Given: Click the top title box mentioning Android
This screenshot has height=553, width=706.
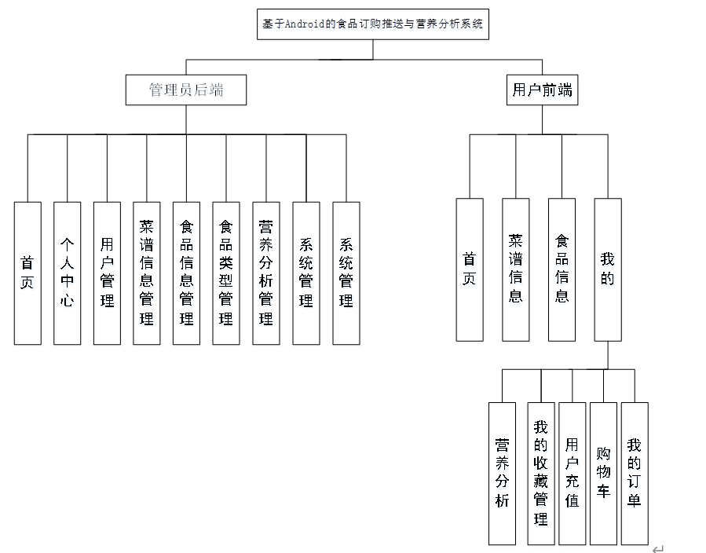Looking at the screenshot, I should [373, 24].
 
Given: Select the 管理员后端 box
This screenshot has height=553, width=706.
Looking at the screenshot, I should [186, 90].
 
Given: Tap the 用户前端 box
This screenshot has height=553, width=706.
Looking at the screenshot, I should [543, 90].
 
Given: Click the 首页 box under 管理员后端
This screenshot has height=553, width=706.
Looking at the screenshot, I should [27, 273].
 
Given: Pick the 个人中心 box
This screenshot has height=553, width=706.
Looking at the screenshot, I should [68, 273].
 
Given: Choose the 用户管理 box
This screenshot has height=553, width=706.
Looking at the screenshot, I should [107, 273].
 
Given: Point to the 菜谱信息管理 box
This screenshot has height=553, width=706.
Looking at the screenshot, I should [147, 273].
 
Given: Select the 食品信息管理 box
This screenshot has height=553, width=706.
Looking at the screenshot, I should [187, 273].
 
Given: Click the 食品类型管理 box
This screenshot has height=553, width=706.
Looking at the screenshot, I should [226, 273].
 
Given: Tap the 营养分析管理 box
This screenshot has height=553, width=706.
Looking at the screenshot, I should [266, 273].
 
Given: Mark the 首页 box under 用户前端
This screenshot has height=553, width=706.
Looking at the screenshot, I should [470, 269].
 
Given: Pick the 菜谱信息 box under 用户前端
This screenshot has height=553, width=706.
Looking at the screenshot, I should [516, 269].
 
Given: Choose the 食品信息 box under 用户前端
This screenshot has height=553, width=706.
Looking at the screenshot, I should [562, 269].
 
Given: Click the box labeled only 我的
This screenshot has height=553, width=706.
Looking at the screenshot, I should [608, 269].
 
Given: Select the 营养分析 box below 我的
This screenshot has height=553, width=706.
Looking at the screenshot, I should [502, 473].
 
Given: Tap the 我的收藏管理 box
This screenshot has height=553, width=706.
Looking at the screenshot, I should [540, 473].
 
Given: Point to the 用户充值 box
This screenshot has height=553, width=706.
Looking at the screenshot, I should [572, 473].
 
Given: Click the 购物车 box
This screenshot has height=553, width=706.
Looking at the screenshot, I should [603, 473].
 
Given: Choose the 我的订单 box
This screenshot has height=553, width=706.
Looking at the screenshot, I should [635, 473].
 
